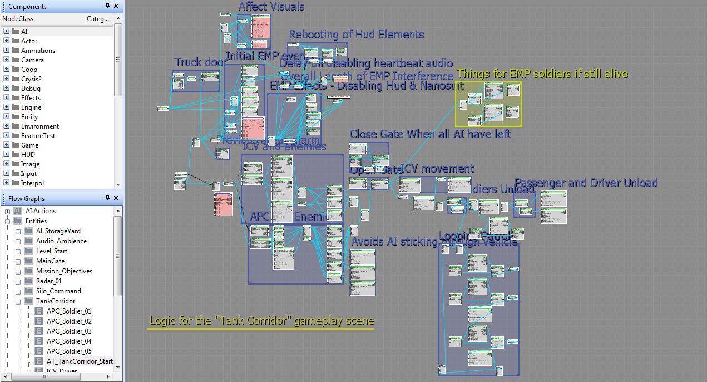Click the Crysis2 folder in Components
tap(31, 79)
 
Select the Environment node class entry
tap(40, 126)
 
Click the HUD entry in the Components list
tap(28, 155)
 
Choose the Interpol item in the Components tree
tap(32, 183)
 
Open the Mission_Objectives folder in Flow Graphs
tap(64, 271)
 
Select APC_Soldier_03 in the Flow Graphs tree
tap(69, 331)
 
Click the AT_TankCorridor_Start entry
tap(80, 361)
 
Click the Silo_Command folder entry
tap(58, 291)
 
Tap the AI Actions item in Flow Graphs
tap(41, 211)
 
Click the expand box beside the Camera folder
tap(7, 60)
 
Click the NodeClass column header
tap(18, 19)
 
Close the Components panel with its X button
tap(116, 6)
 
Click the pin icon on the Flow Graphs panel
tap(108, 198)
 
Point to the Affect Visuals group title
tap(271, 7)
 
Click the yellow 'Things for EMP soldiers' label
tap(542, 74)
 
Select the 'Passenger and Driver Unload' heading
tap(586, 183)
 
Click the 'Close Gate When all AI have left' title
tap(430, 134)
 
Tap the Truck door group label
tap(200, 62)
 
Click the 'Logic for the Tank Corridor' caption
tap(261, 321)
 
